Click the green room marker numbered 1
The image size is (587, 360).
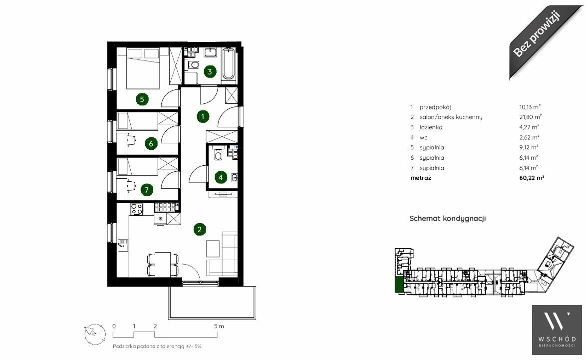[203, 116]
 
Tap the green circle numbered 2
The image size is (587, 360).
[200, 229]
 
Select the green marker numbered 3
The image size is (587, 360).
[210, 71]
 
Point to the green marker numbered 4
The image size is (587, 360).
[221, 177]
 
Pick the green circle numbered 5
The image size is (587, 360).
[142, 99]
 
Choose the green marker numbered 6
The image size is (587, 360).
[151, 143]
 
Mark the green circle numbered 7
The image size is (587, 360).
[146, 190]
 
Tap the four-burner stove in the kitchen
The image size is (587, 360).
[137, 209]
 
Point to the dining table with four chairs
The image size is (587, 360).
[163, 264]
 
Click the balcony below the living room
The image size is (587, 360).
[212, 303]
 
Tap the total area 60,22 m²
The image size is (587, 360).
[532, 178]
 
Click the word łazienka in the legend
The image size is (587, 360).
[431, 127]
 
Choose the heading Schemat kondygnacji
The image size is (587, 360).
[447, 218]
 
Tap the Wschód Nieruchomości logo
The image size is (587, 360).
[557, 330]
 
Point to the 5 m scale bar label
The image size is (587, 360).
[219, 326]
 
